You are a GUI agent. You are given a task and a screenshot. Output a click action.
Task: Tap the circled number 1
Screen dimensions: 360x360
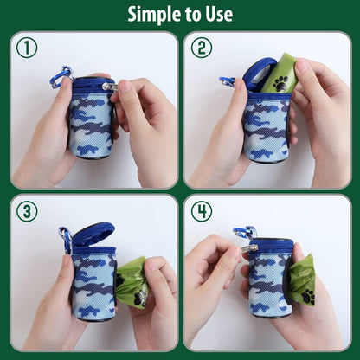(27, 48)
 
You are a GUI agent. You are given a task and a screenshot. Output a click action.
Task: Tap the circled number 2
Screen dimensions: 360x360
(202, 48)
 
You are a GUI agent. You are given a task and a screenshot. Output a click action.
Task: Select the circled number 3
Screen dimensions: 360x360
(27, 211)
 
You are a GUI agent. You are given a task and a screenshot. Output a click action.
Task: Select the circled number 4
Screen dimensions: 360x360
(202, 211)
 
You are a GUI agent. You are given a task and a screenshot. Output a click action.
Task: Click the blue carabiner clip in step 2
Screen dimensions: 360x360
(228, 81)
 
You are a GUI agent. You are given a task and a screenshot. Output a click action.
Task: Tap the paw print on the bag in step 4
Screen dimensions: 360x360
(307, 296)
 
